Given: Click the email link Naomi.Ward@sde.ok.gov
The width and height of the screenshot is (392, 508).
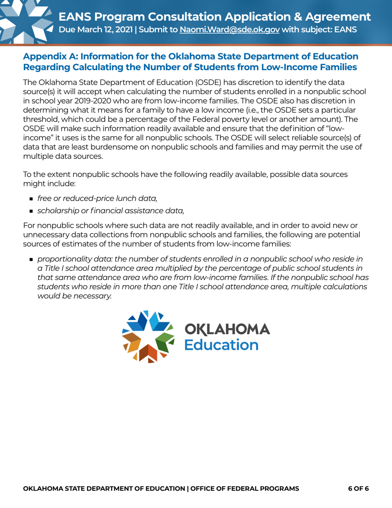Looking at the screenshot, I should (229, 30).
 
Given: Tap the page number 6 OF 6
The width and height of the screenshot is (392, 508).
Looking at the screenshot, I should (358, 489).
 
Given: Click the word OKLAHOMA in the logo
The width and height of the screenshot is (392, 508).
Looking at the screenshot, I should (227, 330).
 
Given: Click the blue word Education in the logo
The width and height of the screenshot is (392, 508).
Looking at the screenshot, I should (221, 344).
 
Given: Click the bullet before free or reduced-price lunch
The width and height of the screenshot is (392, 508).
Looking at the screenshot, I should (31, 199).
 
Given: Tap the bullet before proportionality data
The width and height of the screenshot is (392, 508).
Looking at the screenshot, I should (31, 259).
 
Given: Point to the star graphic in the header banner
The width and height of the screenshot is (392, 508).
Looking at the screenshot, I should (23, 21).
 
